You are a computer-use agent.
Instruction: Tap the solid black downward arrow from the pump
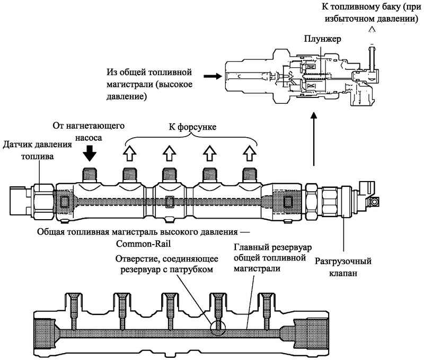[91, 153]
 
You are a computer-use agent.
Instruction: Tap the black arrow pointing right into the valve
[213, 76]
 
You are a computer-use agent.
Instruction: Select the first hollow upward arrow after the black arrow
[130, 153]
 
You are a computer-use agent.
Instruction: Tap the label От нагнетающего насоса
[89, 131]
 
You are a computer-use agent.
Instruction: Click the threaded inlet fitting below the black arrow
[91, 174]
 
